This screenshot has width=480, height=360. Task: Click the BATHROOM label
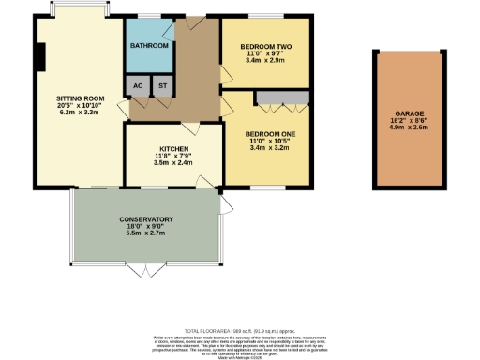149,46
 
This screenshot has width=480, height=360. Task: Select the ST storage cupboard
162,85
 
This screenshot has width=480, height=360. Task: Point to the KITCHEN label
173,148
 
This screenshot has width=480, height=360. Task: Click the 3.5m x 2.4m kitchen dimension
173,163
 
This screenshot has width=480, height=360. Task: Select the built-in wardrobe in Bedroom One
282,97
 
